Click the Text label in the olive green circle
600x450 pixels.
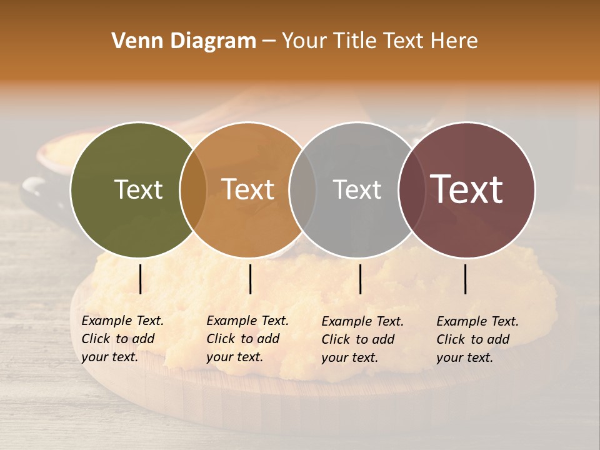point(138,189)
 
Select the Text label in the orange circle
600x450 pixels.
point(248,189)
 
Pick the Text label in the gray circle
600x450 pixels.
point(357,189)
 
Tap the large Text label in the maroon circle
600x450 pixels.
point(467,189)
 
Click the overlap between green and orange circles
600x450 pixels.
point(193,190)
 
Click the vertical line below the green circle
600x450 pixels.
point(141,279)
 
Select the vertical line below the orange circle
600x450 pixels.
point(250,279)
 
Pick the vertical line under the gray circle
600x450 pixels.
point(361,279)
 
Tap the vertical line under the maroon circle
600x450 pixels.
point(466,279)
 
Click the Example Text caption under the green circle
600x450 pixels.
point(122,339)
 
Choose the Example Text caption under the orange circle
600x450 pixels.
point(247,339)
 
